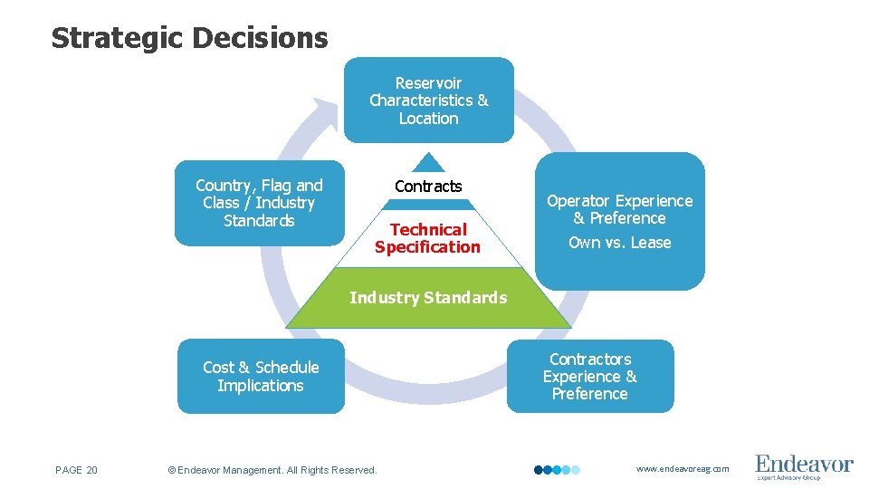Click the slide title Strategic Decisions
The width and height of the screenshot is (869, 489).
coord(189,38)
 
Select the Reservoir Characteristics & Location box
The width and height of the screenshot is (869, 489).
coord(428,101)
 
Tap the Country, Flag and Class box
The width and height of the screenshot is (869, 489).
coord(259,204)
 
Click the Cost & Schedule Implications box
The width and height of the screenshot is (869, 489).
coord(261,377)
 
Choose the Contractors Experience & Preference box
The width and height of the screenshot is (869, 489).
coord(590,377)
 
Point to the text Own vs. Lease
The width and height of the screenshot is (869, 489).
coord(619,243)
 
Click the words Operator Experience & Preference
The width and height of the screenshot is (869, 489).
coord(619,209)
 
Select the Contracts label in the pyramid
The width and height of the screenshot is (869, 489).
coord(428,187)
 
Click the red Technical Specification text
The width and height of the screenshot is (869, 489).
coord(428,238)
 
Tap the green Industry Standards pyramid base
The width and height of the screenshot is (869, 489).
coord(428,298)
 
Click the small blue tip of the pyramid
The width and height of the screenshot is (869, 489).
coord(428,163)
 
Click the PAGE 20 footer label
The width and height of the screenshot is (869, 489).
coord(77,470)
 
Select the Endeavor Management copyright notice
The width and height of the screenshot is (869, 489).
coord(272,470)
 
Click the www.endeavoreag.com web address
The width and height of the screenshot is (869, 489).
coord(682,469)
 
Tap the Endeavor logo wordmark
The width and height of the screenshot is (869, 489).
coord(804,464)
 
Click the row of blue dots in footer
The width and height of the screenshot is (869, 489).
coord(556,470)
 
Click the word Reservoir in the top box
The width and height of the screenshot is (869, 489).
coord(428,83)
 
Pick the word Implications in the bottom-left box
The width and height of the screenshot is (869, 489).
coord(261,386)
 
